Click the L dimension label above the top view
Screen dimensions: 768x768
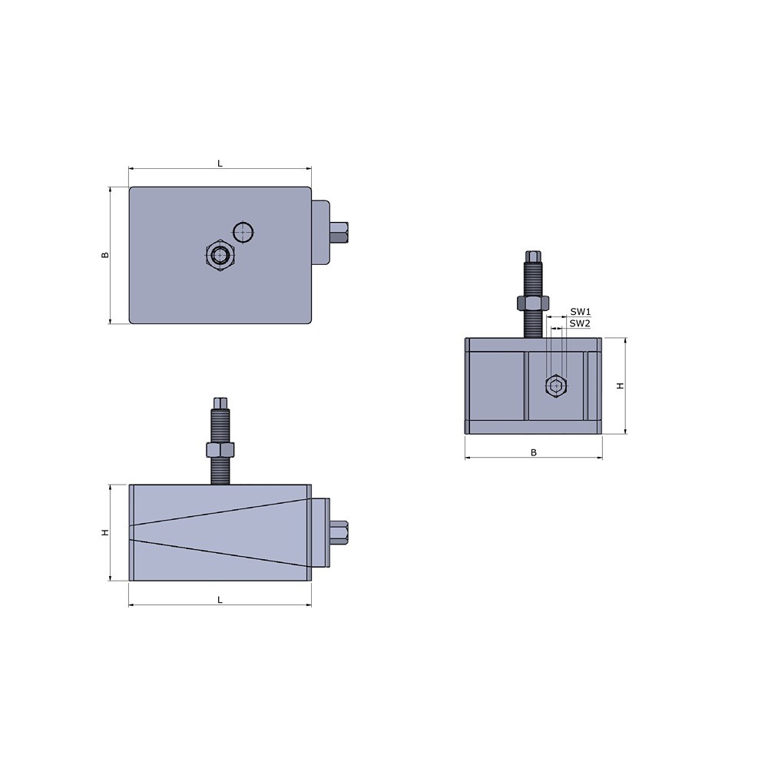click(x=220, y=164)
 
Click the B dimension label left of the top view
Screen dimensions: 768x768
click(x=104, y=255)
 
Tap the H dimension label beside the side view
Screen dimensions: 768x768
click(x=104, y=532)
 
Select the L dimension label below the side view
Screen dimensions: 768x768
click(x=220, y=600)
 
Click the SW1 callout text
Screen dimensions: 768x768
click(x=581, y=312)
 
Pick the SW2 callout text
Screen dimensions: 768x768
click(x=581, y=323)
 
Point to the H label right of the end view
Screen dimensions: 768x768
click(x=621, y=386)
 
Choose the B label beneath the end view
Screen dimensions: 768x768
click(x=534, y=452)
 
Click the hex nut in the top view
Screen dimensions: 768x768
click(x=220, y=255)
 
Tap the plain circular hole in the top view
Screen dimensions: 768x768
click(x=243, y=232)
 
